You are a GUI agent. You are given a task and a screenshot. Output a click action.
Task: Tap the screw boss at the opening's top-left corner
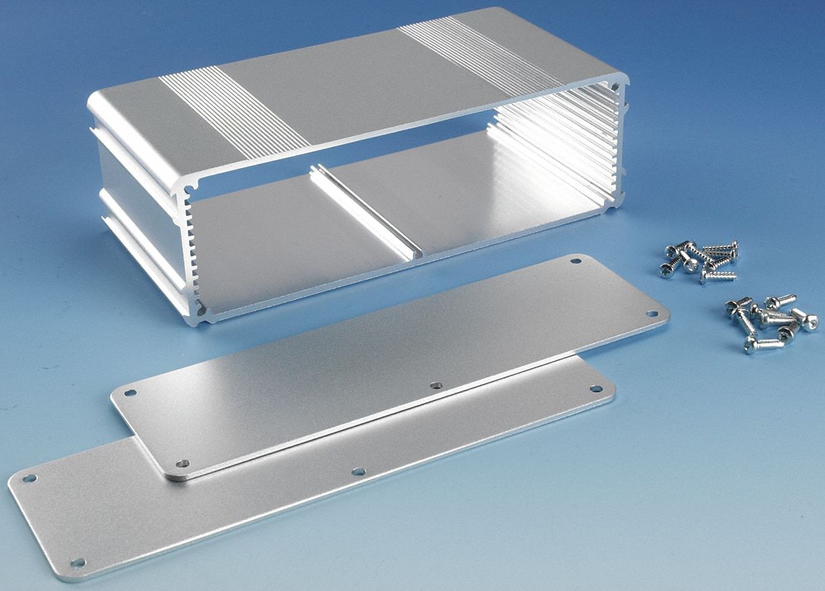[190, 189]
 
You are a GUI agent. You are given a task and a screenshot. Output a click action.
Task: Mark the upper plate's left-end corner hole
[130, 393]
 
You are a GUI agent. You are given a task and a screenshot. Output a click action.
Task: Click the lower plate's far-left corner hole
[28, 479]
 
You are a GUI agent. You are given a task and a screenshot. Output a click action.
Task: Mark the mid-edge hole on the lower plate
[358, 471]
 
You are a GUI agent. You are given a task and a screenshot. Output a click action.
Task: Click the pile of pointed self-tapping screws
[700, 260]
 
